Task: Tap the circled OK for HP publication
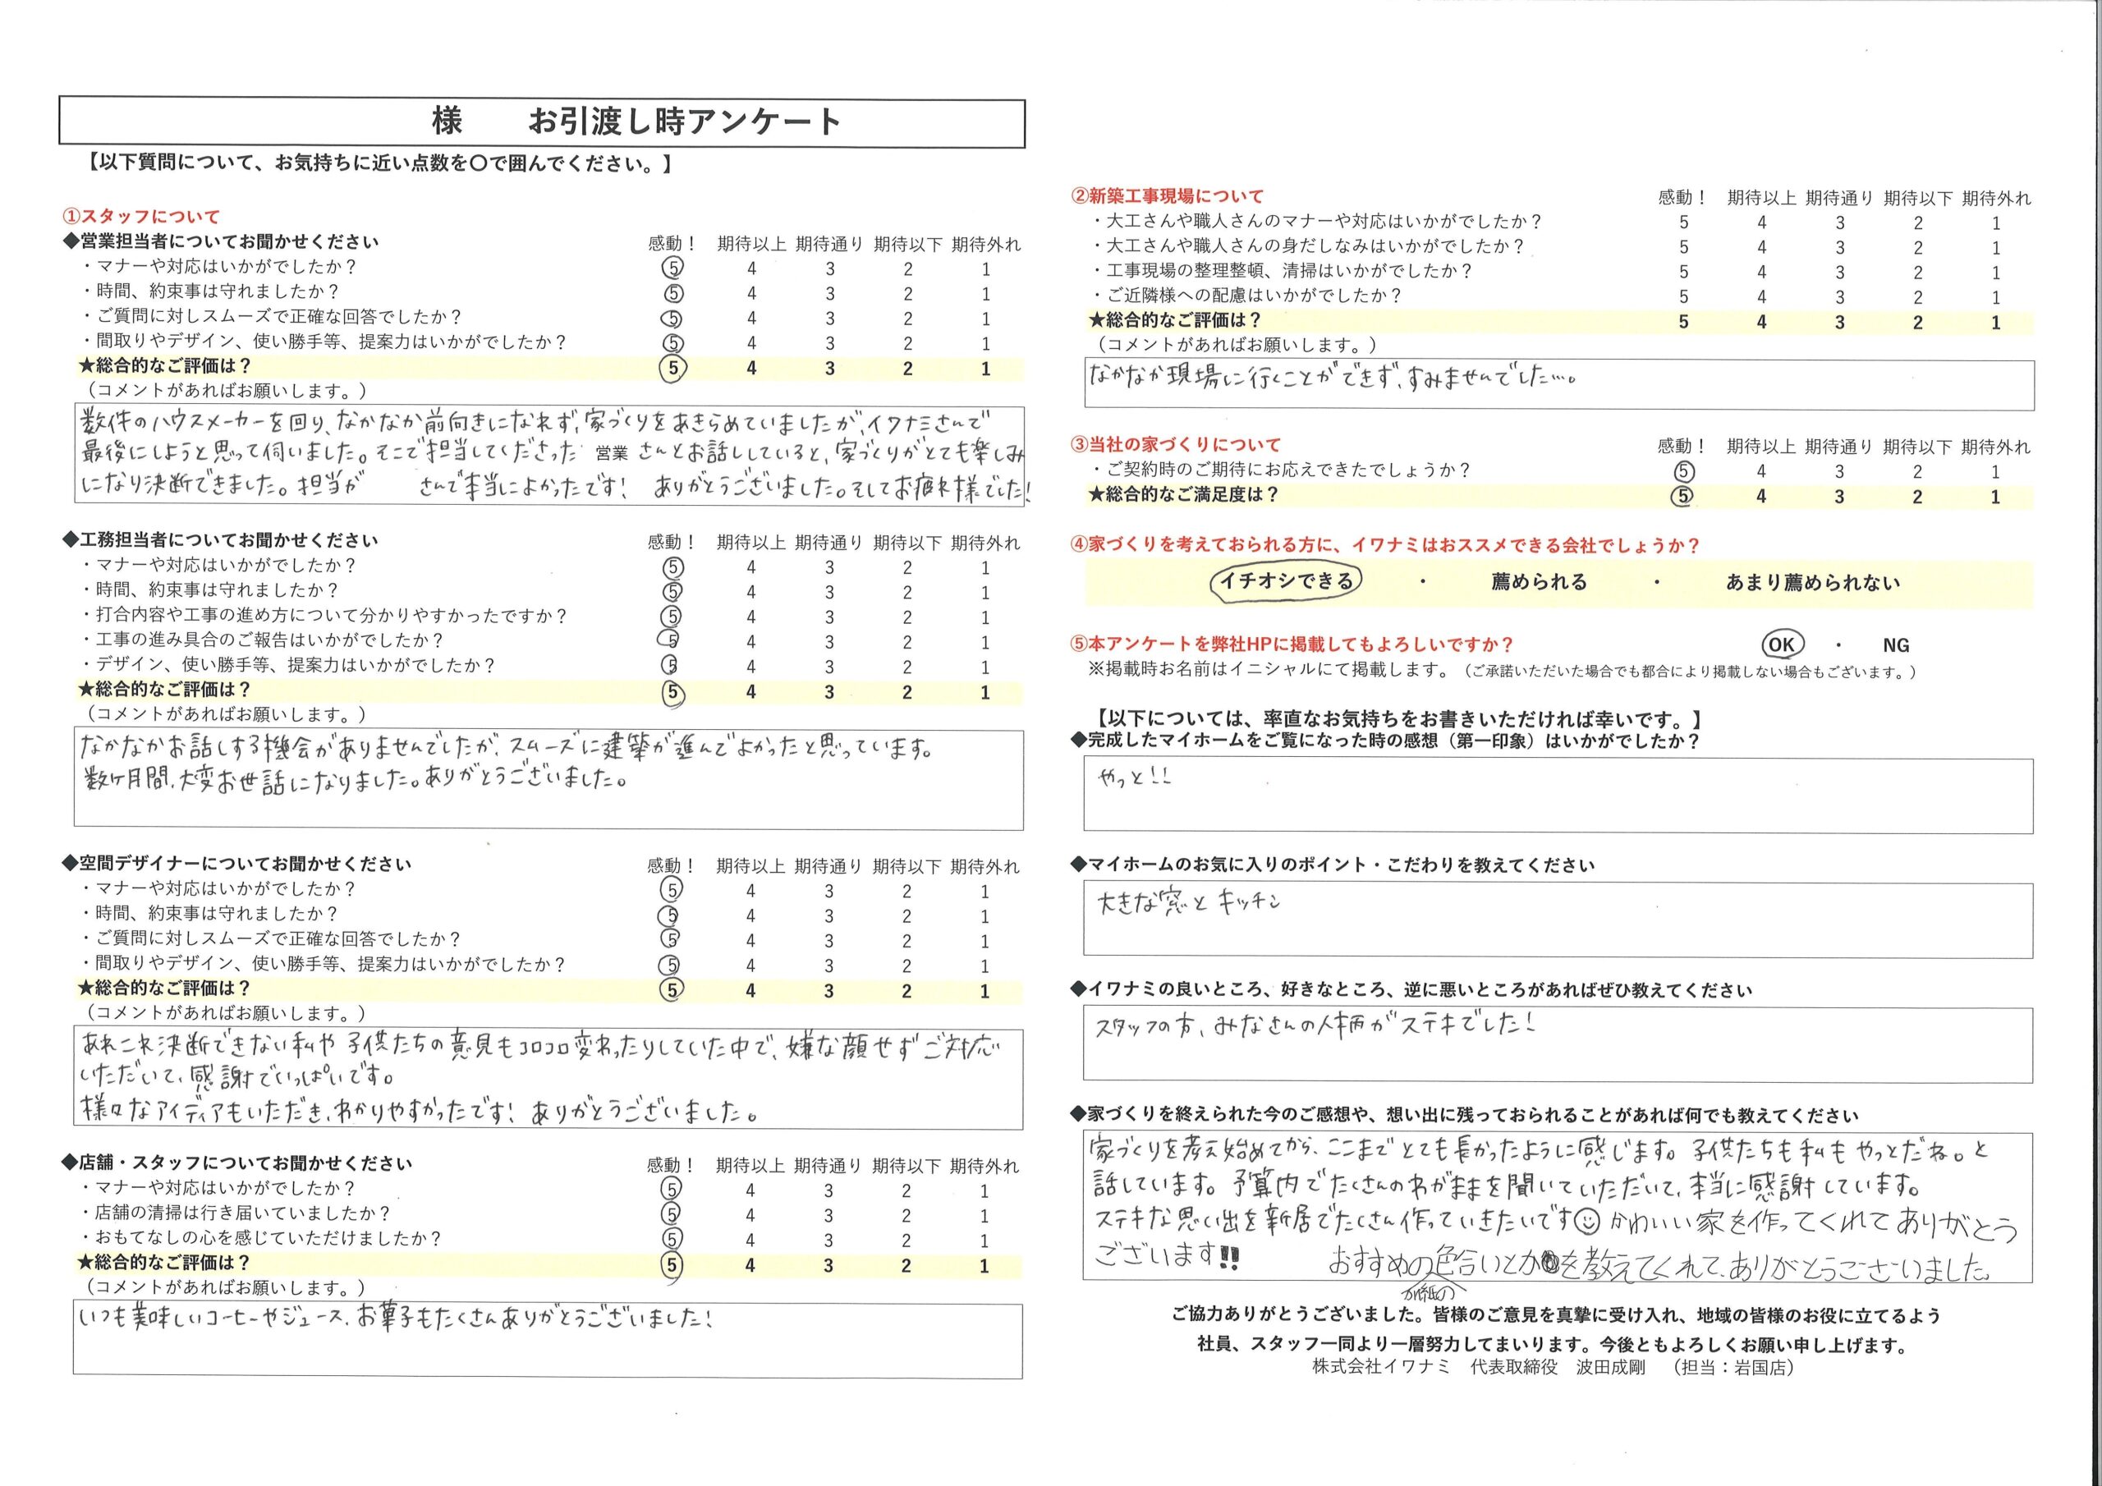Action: point(1781,644)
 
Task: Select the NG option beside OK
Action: point(1896,645)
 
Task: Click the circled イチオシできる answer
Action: point(1287,580)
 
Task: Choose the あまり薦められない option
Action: point(1813,582)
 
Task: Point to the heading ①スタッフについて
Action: point(141,217)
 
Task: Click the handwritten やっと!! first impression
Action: point(1133,778)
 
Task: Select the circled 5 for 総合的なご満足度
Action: point(1682,496)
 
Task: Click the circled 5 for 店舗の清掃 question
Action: point(672,1214)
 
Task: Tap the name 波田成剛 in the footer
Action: point(1610,1368)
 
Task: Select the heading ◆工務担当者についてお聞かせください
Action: point(220,541)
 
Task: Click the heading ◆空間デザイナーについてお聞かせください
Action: point(236,865)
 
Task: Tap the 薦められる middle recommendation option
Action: point(1538,582)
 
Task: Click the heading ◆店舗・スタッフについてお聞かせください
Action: point(236,1163)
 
